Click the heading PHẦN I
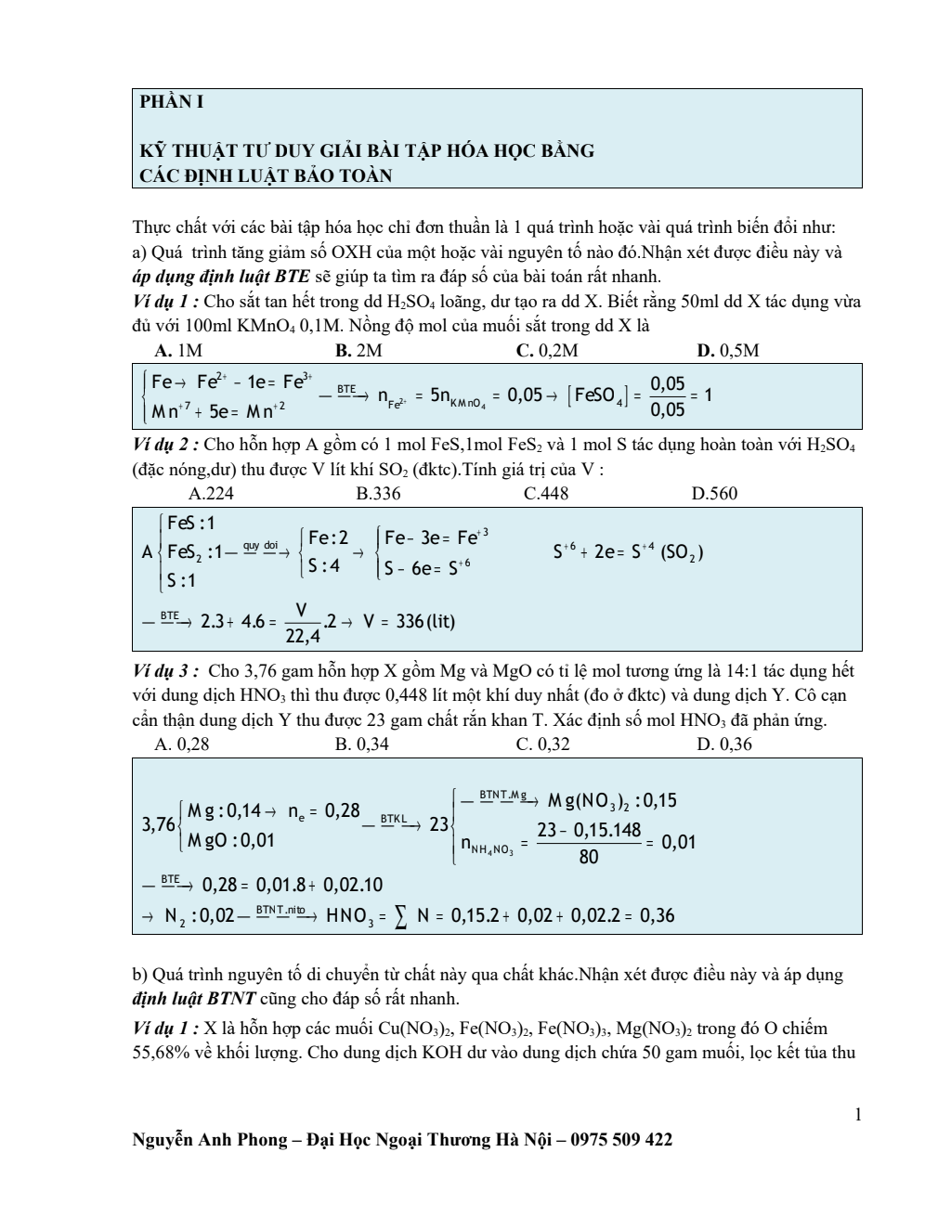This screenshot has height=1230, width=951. tap(171, 102)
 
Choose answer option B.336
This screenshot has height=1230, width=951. tap(378, 493)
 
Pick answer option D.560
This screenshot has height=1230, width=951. tap(714, 493)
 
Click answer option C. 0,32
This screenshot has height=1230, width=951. tap(543, 744)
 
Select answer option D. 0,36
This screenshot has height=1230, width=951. tap(724, 744)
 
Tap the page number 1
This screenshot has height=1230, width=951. tap(857, 1114)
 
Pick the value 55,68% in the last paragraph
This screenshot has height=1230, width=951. tap(163, 1053)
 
